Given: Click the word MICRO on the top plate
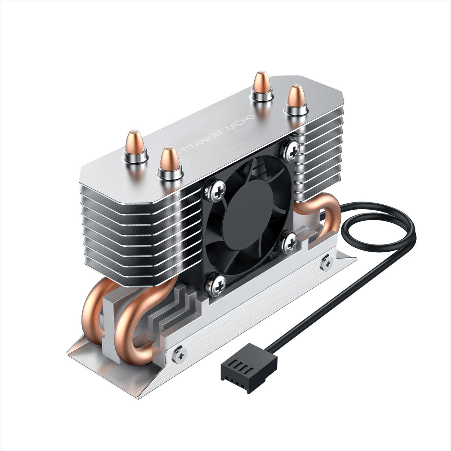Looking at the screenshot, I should tap(242, 123).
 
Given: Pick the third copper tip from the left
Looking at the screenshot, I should tap(262, 85).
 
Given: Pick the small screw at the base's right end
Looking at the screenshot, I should tap(327, 262).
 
